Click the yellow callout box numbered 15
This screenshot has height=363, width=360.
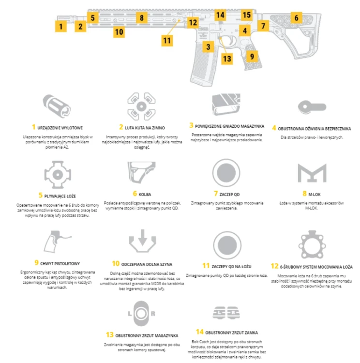tap(247, 15)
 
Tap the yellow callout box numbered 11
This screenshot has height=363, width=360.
tap(167, 41)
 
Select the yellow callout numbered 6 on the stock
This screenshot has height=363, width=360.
tap(296, 17)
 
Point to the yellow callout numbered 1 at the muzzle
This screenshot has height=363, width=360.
tap(61, 26)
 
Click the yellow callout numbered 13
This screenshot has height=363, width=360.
tap(227, 59)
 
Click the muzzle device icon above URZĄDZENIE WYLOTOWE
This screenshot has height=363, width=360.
tap(57, 106)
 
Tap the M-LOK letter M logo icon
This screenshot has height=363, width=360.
tap(312, 173)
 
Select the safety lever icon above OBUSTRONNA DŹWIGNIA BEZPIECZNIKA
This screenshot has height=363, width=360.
tap(312, 107)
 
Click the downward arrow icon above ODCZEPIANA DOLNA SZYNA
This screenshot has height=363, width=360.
tap(143, 241)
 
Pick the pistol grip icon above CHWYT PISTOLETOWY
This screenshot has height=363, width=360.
tap(57, 242)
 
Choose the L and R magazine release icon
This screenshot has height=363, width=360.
tap(141, 314)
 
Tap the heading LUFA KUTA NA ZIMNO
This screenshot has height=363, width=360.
tap(145, 128)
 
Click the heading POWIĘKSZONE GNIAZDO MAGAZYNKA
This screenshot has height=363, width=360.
tap(229, 126)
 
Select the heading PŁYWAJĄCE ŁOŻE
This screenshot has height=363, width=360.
tap(60, 196)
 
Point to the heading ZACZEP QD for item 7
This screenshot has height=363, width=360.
tap(229, 195)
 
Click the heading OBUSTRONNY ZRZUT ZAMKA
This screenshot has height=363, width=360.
tap(231, 333)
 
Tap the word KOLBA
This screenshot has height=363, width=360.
tap(145, 195)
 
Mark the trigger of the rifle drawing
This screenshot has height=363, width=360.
tap(232, 41)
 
